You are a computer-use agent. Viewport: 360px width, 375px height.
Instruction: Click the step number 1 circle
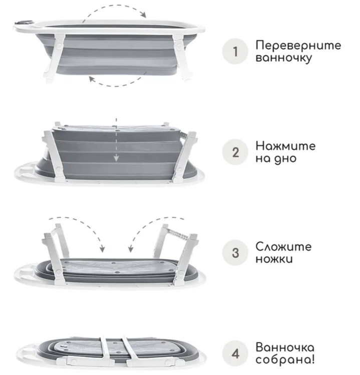pyautogui.click(x=235, y=52)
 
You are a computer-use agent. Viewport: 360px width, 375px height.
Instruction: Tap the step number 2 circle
pyautogui.click(x=235, y=152)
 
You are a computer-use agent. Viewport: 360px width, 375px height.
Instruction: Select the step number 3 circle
pyautogui.click(x=235, y=253)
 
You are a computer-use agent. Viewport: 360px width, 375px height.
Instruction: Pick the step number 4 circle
pyautogui.click(x=235, y=353)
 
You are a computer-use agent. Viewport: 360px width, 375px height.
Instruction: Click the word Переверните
pyautogui.click(x=298, y=46)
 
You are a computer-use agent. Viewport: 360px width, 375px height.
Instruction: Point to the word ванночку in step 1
pyautogui.click(x=284, y=58)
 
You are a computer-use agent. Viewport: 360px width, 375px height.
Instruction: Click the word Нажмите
pyautogui.click(x=285, y=146)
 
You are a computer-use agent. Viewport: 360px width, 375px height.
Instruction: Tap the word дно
pyautogui.click(x=285, y=159)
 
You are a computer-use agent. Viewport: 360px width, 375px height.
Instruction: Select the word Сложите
pyautogui.click(x=283, y=247)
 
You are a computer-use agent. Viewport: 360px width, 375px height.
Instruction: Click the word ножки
pyautogui.click(x=274, y=259)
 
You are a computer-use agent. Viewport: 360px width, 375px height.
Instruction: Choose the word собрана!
pyautogui.click(x=285, y=359)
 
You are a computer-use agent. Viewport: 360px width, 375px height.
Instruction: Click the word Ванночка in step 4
pyautogui.click(x=285, y=347)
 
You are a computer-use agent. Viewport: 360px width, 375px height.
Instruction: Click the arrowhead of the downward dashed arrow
pyautogui.click(x=116, y=158)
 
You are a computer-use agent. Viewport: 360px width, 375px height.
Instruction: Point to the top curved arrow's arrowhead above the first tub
pyautogui.click(x=143, y=15)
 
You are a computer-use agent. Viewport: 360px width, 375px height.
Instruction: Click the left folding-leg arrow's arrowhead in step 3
pyautogui.click(x=102, y=249)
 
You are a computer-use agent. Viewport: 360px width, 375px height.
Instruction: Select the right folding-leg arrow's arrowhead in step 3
pyautogui.click(x=131, y=249)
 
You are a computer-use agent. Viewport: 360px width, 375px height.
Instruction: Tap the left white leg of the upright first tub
pyautogui.click(x=54, y=57)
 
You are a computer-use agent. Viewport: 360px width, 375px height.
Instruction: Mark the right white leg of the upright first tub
pyautogui.click(x=182, y=57)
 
